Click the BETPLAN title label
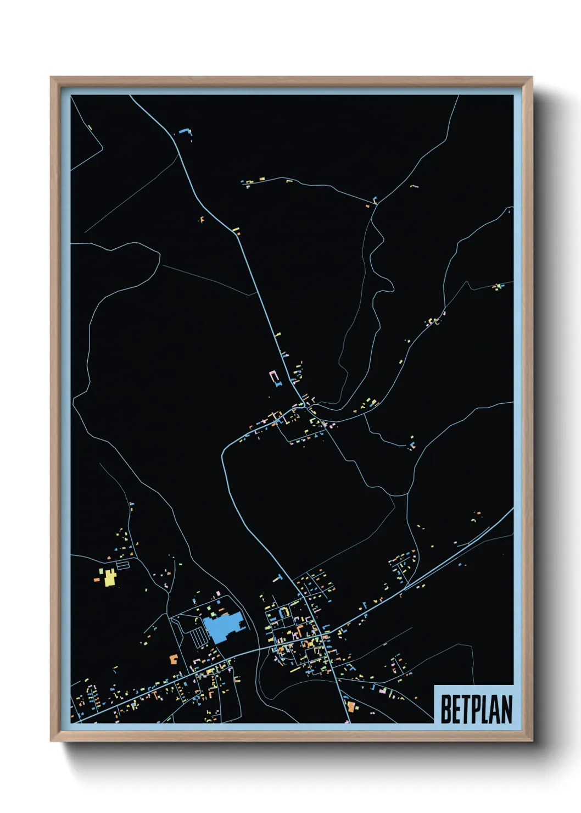(x=476, y=709)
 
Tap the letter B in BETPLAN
(x=446, y=709)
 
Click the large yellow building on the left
(x=110, y=577)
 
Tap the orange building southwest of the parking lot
(x=174, y=658)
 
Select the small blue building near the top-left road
(x=184, y=132)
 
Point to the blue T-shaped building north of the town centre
(x=278, y=577)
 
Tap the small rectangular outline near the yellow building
(x=123, y=564)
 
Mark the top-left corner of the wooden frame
(x=52, y=78)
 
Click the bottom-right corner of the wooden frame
(x=532, y=740)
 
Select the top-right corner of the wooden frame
(x=532, y=78)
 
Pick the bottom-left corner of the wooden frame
(x=52, y=740)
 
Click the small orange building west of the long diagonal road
(x=202, y=219)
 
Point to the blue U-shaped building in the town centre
(x=284, y=611)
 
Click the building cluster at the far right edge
(x=498, y=286)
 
